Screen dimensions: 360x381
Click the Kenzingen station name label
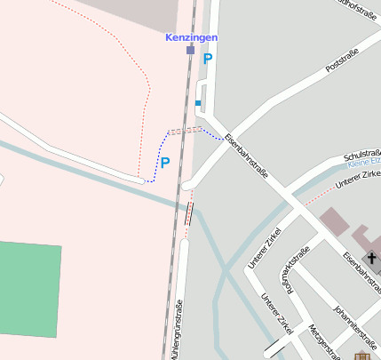[x=191, y=37]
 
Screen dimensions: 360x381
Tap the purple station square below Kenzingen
[x=190, y=51]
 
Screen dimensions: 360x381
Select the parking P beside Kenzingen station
[x=208, y=60]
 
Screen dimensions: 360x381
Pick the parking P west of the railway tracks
[x=164, y=163]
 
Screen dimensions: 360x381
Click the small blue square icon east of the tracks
[x=198, y=104]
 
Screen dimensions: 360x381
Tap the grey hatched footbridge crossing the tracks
[x=181, y=130]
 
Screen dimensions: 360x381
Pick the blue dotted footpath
[x=164, y=141]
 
